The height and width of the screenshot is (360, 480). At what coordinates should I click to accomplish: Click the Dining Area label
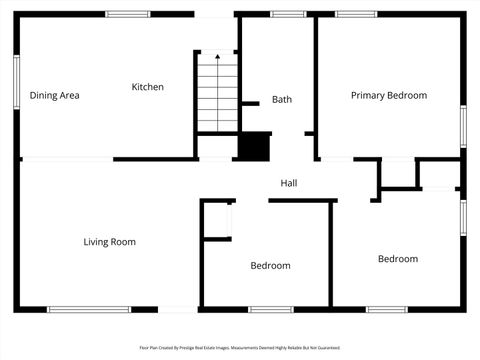[x=54, y=96]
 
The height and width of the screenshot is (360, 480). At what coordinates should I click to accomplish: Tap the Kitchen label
[x=148, y=87]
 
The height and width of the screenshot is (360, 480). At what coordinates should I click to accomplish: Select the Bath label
[x=282, y=99]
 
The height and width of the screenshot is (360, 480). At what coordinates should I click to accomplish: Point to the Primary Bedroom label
[x=388, y=95]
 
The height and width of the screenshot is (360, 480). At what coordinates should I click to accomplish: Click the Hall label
[x=289, y=183]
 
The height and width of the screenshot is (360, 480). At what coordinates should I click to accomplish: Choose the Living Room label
[x=109, y=241]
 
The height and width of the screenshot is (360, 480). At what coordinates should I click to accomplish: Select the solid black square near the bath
[x=254, y=145]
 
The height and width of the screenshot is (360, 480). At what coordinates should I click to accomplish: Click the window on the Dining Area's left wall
[x=17, y=81]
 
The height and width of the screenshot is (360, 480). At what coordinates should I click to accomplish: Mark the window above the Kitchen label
[x=128, y=14]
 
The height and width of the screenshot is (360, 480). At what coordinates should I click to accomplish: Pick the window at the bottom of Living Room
[x=89, y=309]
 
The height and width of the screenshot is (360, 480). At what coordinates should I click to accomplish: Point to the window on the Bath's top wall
[x=288, y=14]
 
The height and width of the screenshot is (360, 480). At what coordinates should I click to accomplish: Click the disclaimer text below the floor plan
[x=239, y=348]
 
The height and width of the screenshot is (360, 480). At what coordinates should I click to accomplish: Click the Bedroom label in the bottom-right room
[x=397, y=259]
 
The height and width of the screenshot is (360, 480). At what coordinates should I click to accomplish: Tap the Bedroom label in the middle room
[x=270, y=265]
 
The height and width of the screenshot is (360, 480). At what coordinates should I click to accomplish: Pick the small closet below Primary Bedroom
[x=398, y=173]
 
